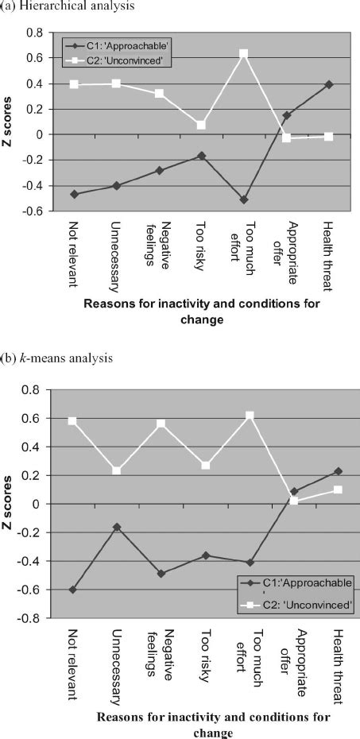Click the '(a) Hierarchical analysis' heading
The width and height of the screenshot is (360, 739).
[x=56, y=6]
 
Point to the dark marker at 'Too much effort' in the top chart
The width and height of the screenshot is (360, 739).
[x=244, y=199]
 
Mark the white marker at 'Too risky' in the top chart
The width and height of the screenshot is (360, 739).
[x=202, y=125]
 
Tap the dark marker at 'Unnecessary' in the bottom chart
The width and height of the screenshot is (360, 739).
[x=118, y=527]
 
